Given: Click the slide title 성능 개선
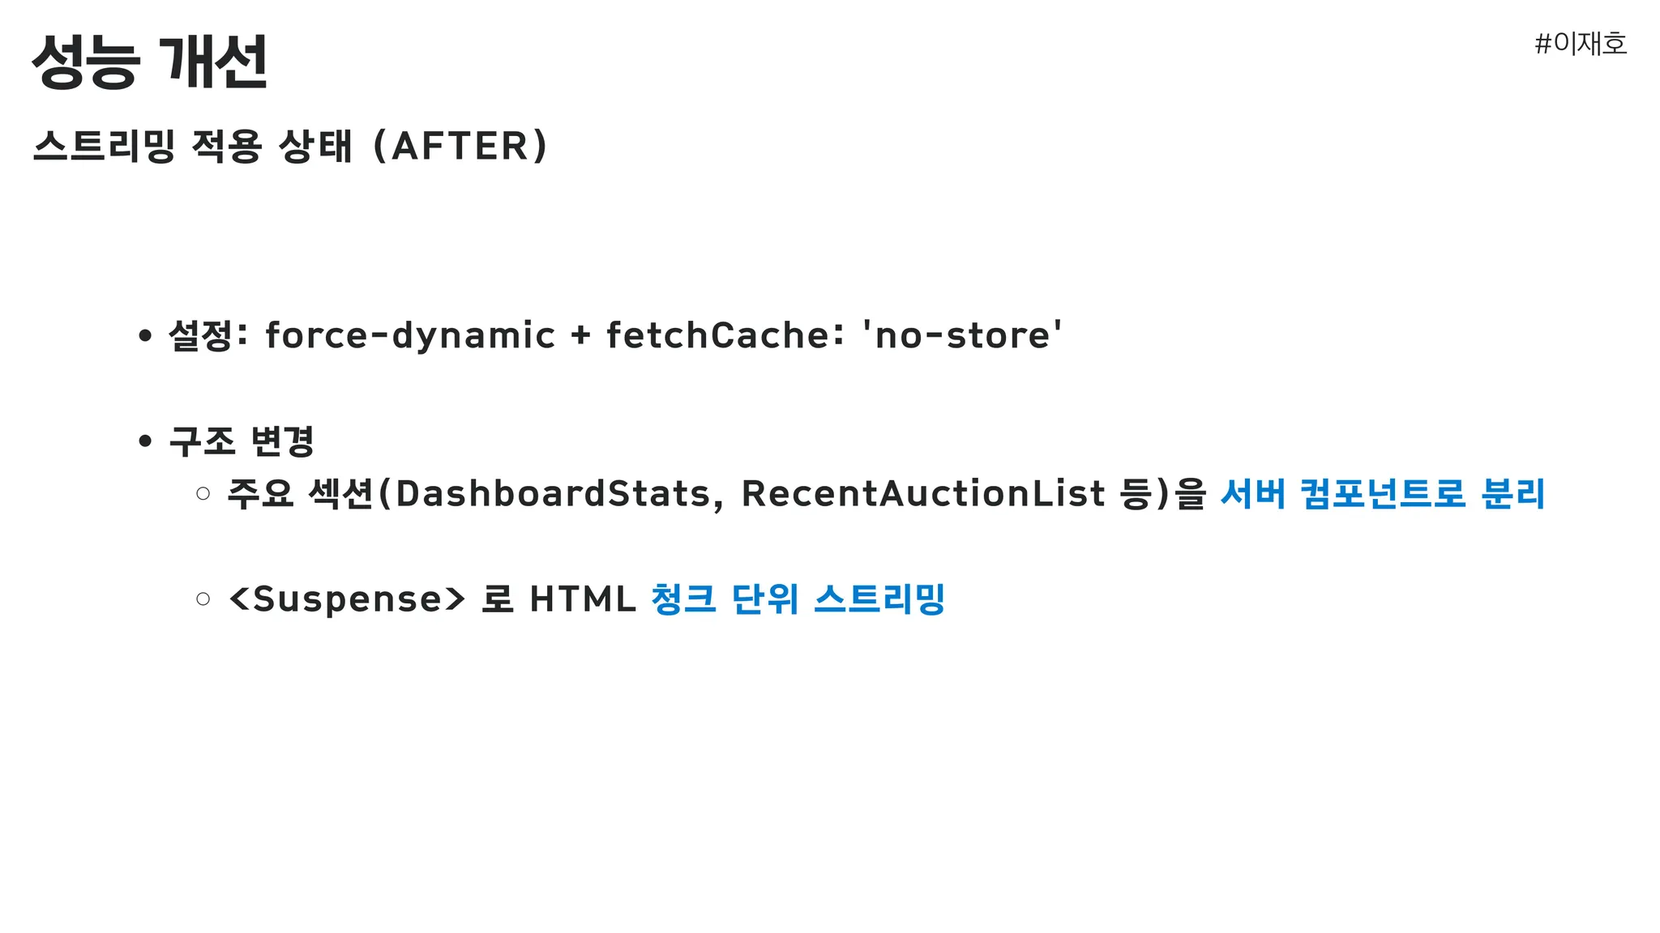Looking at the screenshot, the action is point(150,62).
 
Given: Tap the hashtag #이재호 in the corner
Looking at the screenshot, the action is point(1581,43).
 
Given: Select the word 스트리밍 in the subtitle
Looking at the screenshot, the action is point(104,146).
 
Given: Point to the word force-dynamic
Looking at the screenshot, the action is point(410,335).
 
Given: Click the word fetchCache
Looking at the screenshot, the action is point(719,334).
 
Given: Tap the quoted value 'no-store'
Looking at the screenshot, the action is point(962,334).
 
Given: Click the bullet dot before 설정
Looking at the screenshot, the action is point(145,335).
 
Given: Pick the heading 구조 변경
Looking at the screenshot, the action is point(242,441).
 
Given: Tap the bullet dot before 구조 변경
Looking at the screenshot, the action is point(145,441).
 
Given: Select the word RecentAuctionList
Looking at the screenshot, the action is point(924,493).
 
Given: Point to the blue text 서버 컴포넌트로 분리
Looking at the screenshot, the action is point(1383,493).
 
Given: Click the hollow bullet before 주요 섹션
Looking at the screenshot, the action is point(203,493).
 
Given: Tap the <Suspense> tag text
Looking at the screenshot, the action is point(348,599).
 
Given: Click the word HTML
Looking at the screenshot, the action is point(583,599).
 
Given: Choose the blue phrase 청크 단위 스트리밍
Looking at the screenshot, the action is point(798,599).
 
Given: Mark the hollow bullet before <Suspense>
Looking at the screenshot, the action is point(203,599).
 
